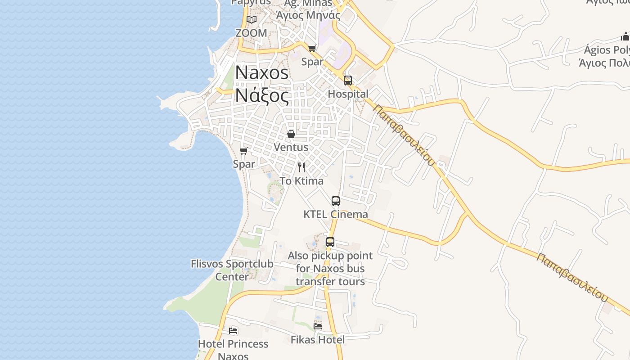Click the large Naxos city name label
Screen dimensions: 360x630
pyautogui.click(x=262, y=72)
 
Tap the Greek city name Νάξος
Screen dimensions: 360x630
pyautogui.click(x=262, y=95)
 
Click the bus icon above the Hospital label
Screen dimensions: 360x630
pyautogui.click(x=348, y=81)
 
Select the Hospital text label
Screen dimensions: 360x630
pyautogui.click(x=348, y=94)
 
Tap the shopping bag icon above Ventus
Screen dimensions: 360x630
pyautogui.click(x=291, y=134)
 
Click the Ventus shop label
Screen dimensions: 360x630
pyautogui.click(x=291, y=147)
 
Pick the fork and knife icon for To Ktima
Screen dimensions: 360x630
pyautogui.click(x=301, y=167)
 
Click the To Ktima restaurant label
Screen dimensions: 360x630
pyautogui.click(x=301, y=181)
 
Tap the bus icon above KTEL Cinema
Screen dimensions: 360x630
pyautogui.click(x=336, y=201)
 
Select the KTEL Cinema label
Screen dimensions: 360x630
pyautogui.click(x=336, y=214)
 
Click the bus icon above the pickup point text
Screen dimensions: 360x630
pyautogui.click(x=330, y=242)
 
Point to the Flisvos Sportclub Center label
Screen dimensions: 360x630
pyautogui.click(x=232, y=270)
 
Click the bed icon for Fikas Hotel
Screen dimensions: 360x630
pyautogui.click(x=318, y=326)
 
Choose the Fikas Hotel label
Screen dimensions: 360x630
pyautogui.click(x=318, y=340)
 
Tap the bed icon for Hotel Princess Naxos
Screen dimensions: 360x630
pyautogui.click(x=233, y=331)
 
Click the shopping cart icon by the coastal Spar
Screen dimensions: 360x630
pyautogui.click(x=244, y=151)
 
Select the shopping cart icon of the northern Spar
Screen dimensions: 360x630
pyautogui.click(x=312, y=48)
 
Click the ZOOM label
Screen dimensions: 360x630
pyautogui.click(x=251, y=33)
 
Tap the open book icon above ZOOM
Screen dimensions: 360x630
pyautogui.click(x=251, y=20)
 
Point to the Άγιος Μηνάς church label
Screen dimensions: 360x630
pyautogui.click(x=308, y=15)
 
